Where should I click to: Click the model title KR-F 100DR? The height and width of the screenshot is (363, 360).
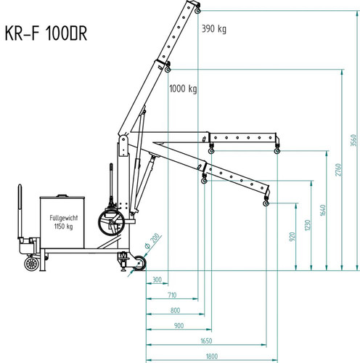click(x=46, y=33)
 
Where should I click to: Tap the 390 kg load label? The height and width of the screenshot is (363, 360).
click(x=214, y=29)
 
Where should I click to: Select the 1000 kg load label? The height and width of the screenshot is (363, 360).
click(x=183, y=89)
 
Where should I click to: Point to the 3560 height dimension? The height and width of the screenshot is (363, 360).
click(x=353, y=140)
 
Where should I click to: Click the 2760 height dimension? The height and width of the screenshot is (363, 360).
click(x=338, y=170)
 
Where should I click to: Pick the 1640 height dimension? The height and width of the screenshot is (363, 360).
click(x=323, y=211)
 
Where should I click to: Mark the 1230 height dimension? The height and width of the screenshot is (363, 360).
click(x=308, y=225)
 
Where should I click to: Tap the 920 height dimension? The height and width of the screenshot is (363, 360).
click(x=292, y=237)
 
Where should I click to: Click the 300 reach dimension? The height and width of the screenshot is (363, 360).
click(x=157, y=280)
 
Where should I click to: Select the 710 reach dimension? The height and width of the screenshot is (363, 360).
click(x=172, y=295)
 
